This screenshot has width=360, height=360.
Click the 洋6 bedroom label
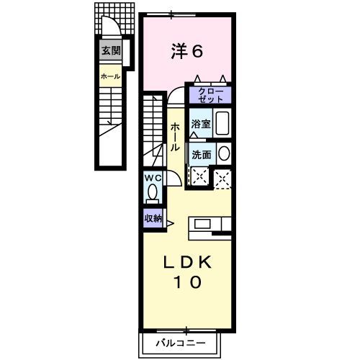click(187, 51)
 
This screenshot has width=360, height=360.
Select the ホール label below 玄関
click(110, 76)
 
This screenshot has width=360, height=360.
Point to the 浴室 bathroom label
click(201, 124)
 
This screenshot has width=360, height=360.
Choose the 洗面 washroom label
click(201, 153)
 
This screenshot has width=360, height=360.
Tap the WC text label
click(153, 177)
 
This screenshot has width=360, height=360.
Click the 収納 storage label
click(153, 218)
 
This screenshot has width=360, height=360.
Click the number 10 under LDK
click(186, 283)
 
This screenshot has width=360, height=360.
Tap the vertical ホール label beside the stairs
click(175, 136)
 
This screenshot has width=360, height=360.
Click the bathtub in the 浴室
click(222, 124)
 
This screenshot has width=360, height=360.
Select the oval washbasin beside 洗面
click(223, 153)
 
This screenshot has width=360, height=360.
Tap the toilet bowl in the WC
click(153, 192)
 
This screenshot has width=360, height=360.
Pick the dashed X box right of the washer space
click(223, 176)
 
